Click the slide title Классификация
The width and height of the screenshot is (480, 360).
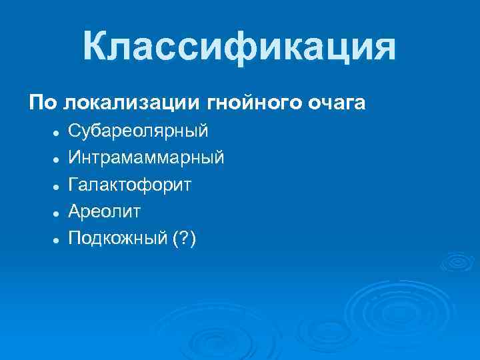[x=239, y=47]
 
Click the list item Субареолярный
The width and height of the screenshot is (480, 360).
[x=138, y=131]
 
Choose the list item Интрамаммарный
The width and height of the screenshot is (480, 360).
[x=146, y=158]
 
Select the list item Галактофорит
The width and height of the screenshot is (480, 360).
[x=129, y=185]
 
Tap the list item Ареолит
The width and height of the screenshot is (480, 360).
[x=105, y=211]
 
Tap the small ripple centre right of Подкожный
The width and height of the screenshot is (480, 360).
[x=459, y=261]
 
